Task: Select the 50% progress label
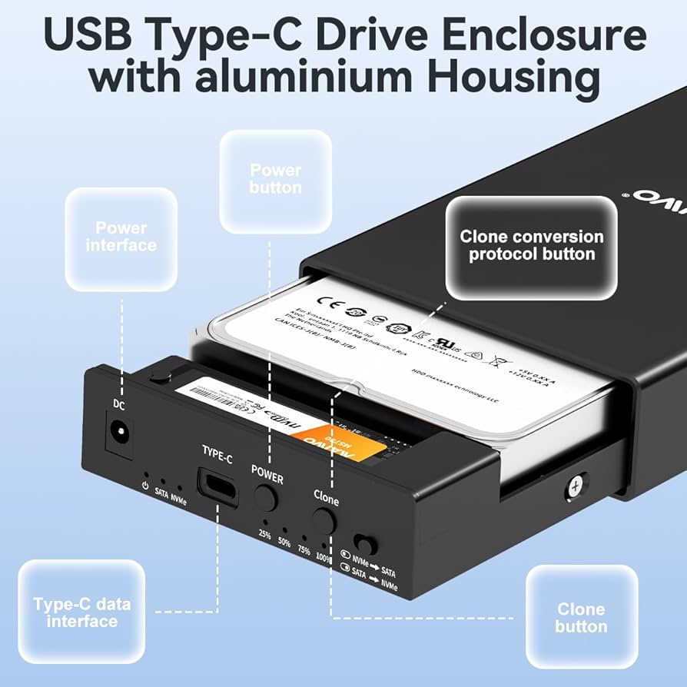click(x=285, y=543)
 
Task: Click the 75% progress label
click(x=305, y=551)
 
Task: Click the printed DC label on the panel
click(x=119, y=405)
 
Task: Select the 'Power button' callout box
click(x=275, y=179)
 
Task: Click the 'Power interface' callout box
click(x=121, y=237)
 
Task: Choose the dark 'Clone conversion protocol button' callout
click(x=532, y=246)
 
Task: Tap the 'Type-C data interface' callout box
click(x=81, y=612)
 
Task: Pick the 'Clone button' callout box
click(x=581, y=618)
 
